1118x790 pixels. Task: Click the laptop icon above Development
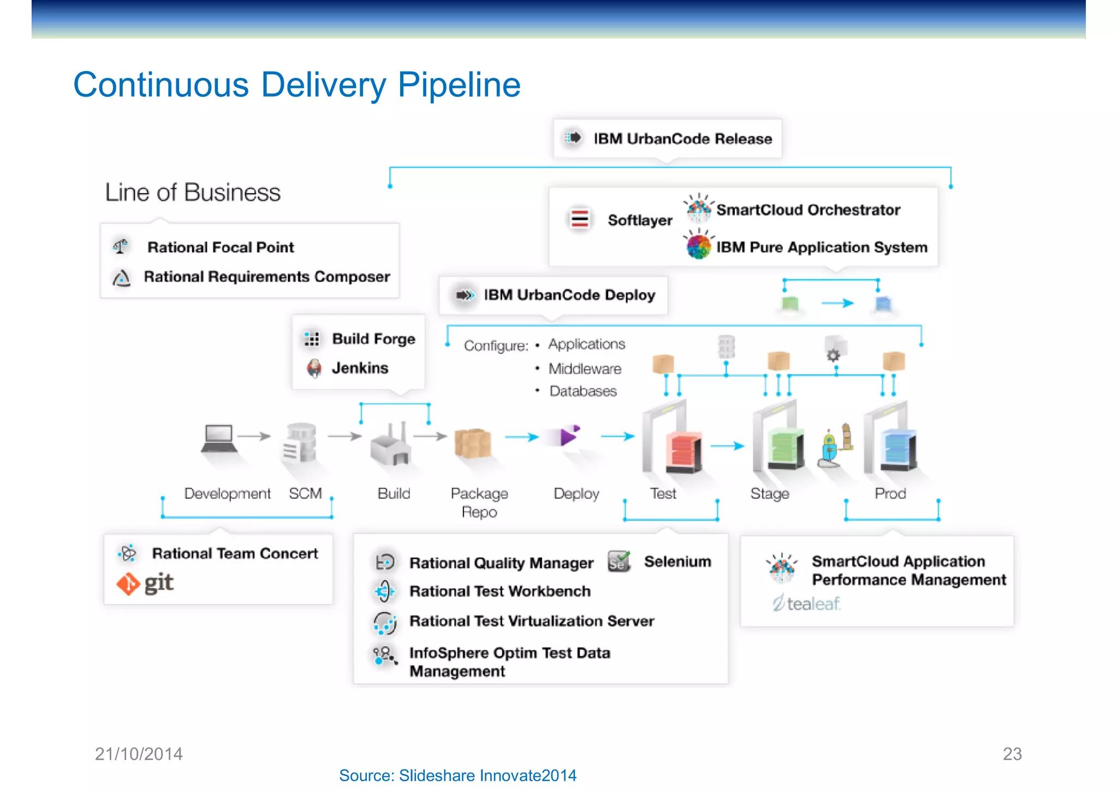[219, 438]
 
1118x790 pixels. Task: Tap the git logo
[145, 583]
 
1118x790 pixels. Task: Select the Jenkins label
[360, 368]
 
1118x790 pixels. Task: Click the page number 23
[1012, 754]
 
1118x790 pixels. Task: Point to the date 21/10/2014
[139, 754]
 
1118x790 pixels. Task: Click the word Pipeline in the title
[459, 85]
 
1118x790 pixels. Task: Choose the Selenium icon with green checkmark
[619, 561]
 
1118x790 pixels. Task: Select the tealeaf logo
[806, 603]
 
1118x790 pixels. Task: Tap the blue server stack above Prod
[897, 450]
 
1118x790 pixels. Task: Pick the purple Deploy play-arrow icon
[568, 436]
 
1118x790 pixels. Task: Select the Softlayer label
[640, 220]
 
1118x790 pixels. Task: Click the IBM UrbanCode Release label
[682, 139]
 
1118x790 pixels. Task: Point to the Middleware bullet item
[585, 369]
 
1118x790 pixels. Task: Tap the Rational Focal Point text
[221, 248]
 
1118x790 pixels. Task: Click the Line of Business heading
[193, 193]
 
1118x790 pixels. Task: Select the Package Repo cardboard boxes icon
[473, 443]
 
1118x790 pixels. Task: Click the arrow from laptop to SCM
[254, 436]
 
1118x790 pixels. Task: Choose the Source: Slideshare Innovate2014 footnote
[457, 775]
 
